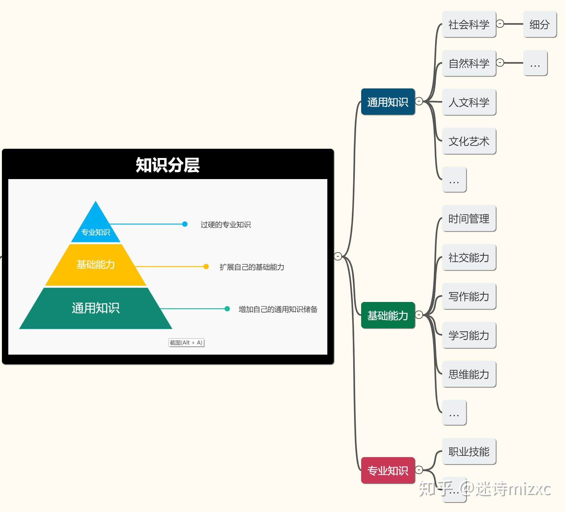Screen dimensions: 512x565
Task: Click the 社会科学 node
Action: pos(469,24)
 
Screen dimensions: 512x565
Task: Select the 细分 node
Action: pos(539,24)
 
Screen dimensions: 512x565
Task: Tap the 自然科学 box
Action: pos(469,63)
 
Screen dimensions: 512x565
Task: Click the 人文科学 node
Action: pos(469,102)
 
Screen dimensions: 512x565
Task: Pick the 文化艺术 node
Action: pos(469,141)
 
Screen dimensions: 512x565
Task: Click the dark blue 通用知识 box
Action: pos(388,102)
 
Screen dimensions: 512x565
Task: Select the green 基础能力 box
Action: pos(388,315)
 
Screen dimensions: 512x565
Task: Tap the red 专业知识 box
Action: pos(388,470)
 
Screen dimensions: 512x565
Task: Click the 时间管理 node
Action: pos(469,219)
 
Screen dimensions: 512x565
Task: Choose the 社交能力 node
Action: pos(469,257)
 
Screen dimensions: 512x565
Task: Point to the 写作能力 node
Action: pos(469,296)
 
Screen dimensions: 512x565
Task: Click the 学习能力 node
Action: pos(469,335)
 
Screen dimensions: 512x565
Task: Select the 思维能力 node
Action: pos(469,374)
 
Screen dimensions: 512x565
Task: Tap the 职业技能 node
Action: pos(469,451)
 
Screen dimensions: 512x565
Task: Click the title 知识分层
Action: pos(168,165)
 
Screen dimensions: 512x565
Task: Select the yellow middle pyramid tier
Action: pos(96,265)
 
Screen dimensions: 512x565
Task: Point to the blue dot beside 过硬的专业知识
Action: pos(185,224)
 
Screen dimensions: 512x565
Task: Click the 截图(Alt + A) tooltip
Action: pos(186,343)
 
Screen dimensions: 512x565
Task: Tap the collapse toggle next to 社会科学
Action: pos(500,24)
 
